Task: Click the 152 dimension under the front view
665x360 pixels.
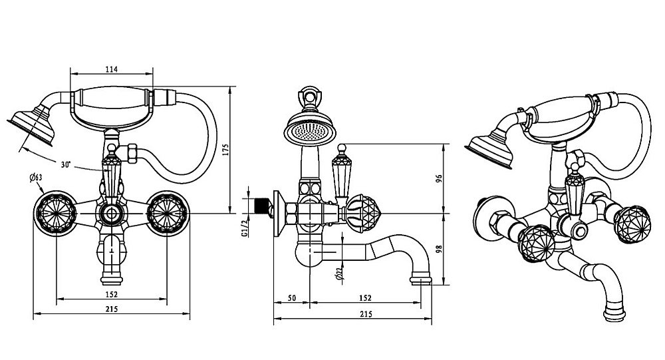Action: click(x=111, y=293)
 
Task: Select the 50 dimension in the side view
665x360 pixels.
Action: click(x=291, y=297)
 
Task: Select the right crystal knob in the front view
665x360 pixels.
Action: click(x=166, y=213)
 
